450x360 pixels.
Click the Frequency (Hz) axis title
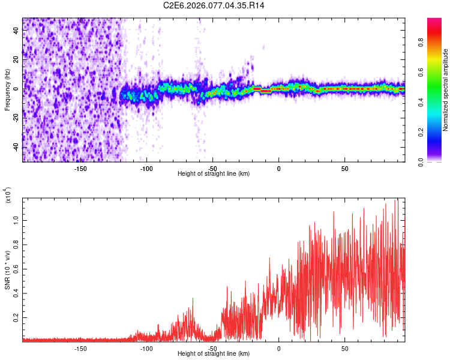[x=7, y=89]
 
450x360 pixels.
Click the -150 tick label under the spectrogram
[x=80, y=169]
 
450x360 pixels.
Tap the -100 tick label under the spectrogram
[x=146, y=169]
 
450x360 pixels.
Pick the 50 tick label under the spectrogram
[x=344, y=169]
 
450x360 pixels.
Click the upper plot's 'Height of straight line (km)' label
[x=214, y=174]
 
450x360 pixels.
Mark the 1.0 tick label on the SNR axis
[x=17, y=221]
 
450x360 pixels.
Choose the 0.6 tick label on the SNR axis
[x=17, y=269]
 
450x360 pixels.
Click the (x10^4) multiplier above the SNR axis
[x=7, y=196]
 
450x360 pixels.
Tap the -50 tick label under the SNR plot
[x=212, y=348]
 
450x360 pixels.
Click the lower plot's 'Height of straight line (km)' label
[x=214, y=353]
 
